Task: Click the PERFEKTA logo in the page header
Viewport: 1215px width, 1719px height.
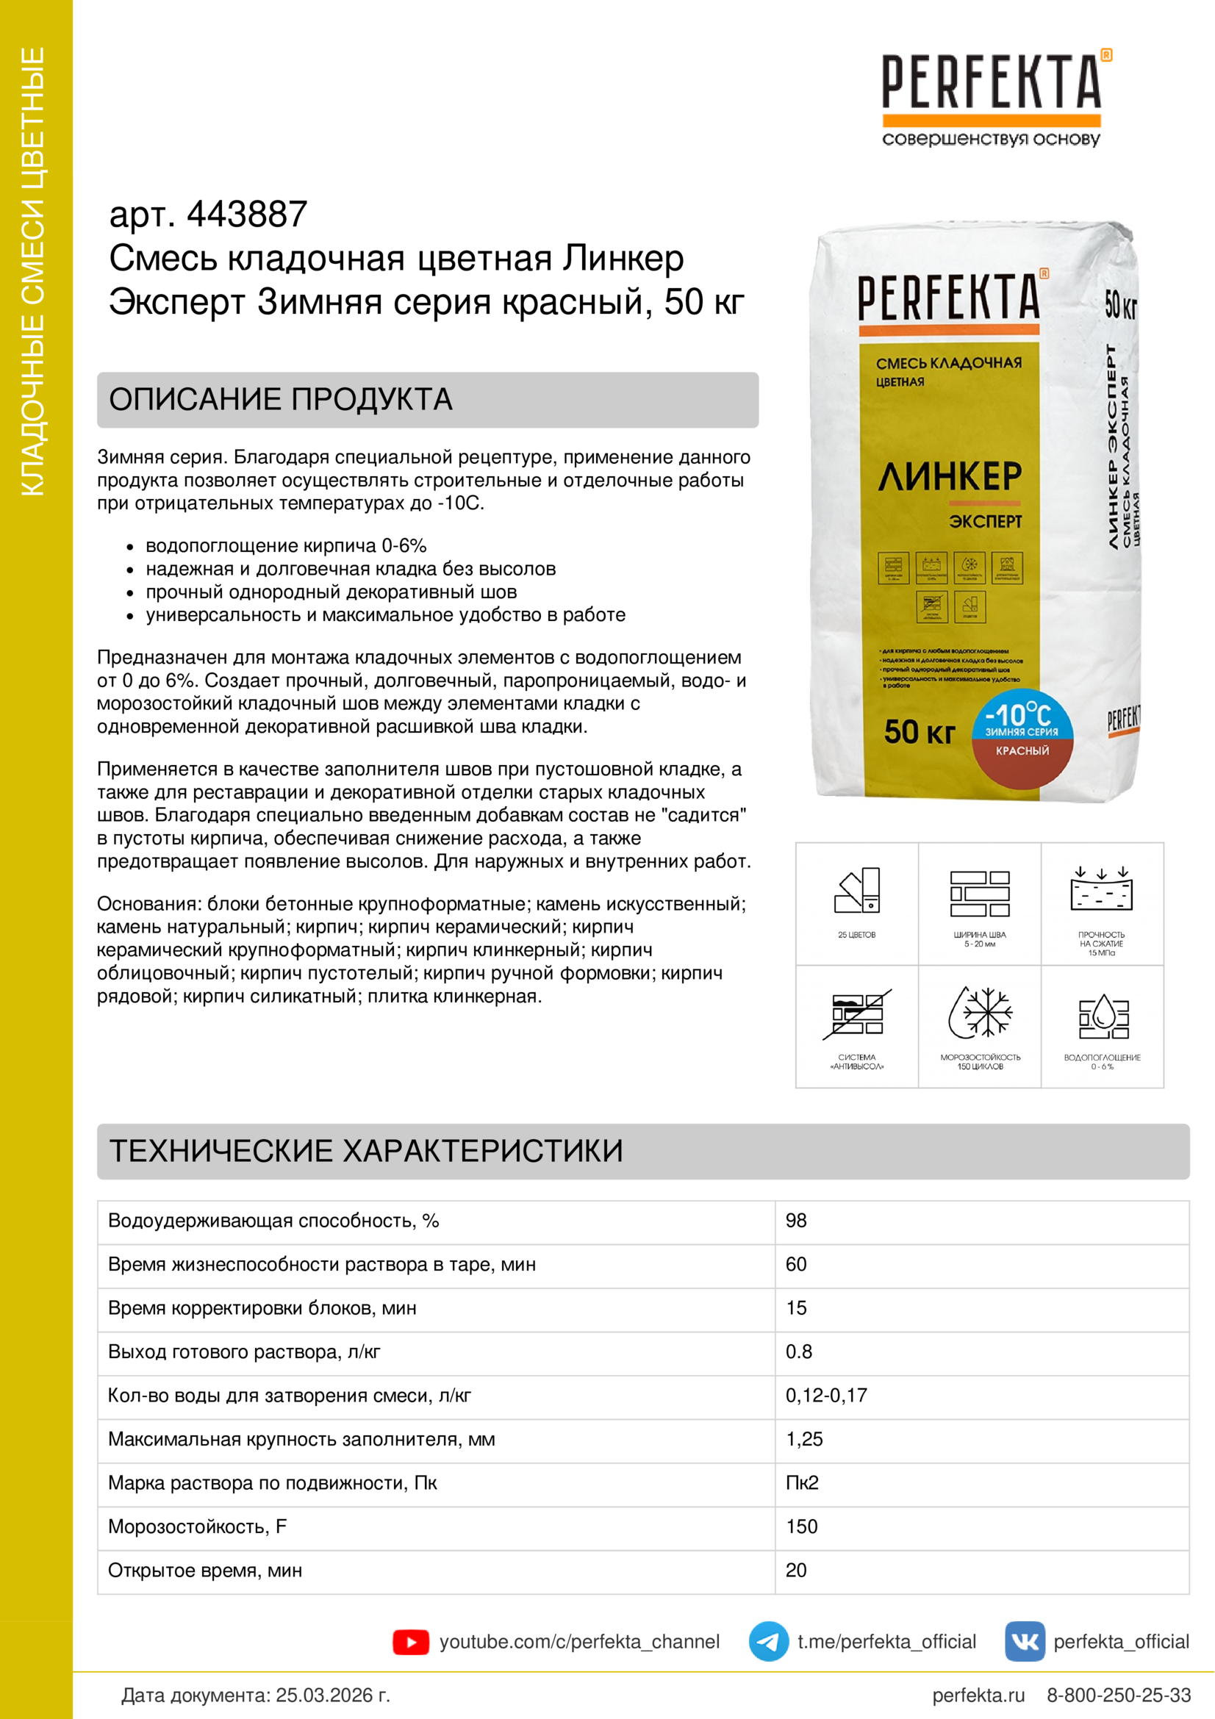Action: [x=991, y=84]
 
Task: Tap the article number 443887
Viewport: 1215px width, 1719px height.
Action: [x=246, y=215]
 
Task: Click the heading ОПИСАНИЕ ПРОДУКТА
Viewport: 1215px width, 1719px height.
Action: [x=281, y=400]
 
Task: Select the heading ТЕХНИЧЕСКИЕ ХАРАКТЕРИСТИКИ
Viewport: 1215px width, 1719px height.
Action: [x=366, y=1151]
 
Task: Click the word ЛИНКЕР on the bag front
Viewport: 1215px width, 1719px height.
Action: [x=949, y=477]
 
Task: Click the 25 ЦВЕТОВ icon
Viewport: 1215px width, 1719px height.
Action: [x=857, y=891]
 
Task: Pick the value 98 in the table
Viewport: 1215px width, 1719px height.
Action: [x=796, y=1221]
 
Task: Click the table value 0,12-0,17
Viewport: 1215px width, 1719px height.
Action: [x=825, y=1396]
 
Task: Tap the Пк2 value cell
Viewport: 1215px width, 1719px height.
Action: [x=802, y=1483]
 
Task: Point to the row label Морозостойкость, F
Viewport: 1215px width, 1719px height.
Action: [x=198, y=1526]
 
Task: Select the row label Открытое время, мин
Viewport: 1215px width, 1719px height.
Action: [x=205, y=1571]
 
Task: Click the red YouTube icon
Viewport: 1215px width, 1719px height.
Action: [x=410, y=1642]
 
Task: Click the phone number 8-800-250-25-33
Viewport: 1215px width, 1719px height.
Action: [x=1119, y=1695]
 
